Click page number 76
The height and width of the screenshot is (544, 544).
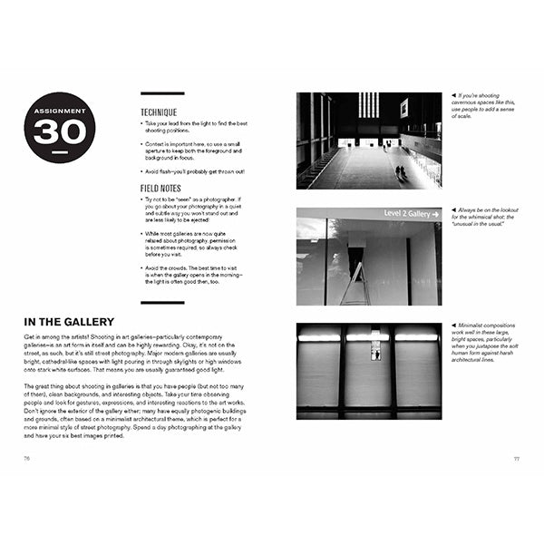(x=27, y=458)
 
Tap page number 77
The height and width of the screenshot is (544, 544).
(x=516, y=458)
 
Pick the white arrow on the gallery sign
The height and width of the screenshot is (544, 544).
(x=433, y=214)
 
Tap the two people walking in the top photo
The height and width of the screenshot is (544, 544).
(x=400, y=171)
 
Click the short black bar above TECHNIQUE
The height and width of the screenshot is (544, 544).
(x=162, y=93)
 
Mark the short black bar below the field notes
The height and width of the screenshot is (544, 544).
(x=162, y=302)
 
